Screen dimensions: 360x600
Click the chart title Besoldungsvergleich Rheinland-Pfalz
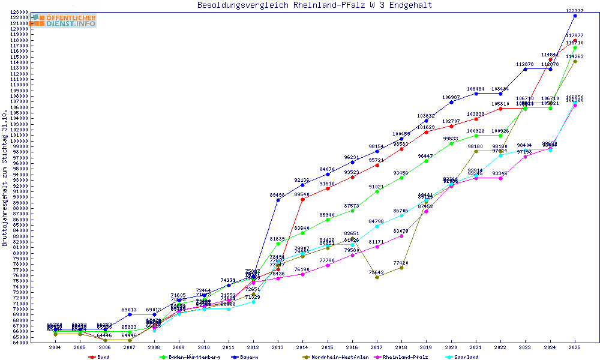pos(314,5)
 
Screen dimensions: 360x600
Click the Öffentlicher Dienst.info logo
pos(64,20)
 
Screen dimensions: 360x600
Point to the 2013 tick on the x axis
pos(278,347)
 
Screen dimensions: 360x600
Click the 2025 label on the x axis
pos(575,347)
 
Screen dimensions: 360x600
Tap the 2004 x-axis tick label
pos(55,347)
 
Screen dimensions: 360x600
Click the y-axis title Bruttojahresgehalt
pos(5,178)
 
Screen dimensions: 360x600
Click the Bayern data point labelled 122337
pos(575,16)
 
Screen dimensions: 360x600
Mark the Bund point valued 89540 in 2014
pos(302,199)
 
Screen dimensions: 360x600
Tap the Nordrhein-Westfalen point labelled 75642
pos(377,277)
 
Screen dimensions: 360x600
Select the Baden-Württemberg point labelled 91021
pos(377,191)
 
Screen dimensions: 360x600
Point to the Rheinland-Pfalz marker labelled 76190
pos(302,274)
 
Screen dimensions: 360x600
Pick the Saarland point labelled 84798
pos(377,226)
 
